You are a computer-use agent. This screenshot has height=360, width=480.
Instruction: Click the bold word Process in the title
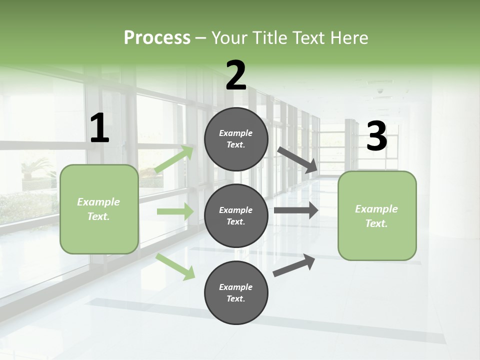pos(157,37)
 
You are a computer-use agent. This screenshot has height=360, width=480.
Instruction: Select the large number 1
pos(99,128)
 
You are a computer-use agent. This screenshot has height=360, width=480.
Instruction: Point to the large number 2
pos(236,75)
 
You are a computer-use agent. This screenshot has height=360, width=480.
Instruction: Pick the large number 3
pos(376,136)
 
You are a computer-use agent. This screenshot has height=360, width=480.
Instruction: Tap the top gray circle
pos(236,139)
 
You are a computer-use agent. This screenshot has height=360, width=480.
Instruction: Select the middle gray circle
pos(236,215)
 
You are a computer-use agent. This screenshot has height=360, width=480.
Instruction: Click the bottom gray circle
pos(236,292)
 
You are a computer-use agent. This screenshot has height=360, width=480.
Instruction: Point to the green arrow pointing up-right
pos(174,159)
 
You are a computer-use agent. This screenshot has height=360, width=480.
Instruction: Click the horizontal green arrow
pos(175,211)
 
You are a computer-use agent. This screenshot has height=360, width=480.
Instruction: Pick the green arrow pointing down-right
pos(175,266)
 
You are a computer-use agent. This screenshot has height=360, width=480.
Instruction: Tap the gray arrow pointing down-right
pos(297,159)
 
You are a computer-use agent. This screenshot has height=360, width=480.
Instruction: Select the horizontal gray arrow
pos(295,210)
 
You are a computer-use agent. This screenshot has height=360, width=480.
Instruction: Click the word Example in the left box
pos(98,202)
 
